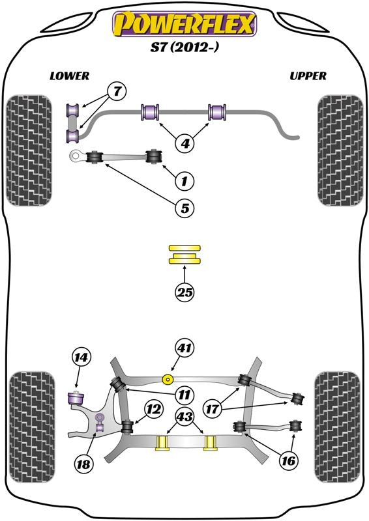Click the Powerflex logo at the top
click(184, 24)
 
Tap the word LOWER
click(69, 76)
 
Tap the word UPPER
click(308, 76)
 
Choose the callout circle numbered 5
click(184, 208)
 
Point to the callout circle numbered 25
click(185, 292)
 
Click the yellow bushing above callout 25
click(185, 255)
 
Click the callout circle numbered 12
click(153, 410)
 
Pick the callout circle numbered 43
click(185, 415)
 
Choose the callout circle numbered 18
click(84, 464)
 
